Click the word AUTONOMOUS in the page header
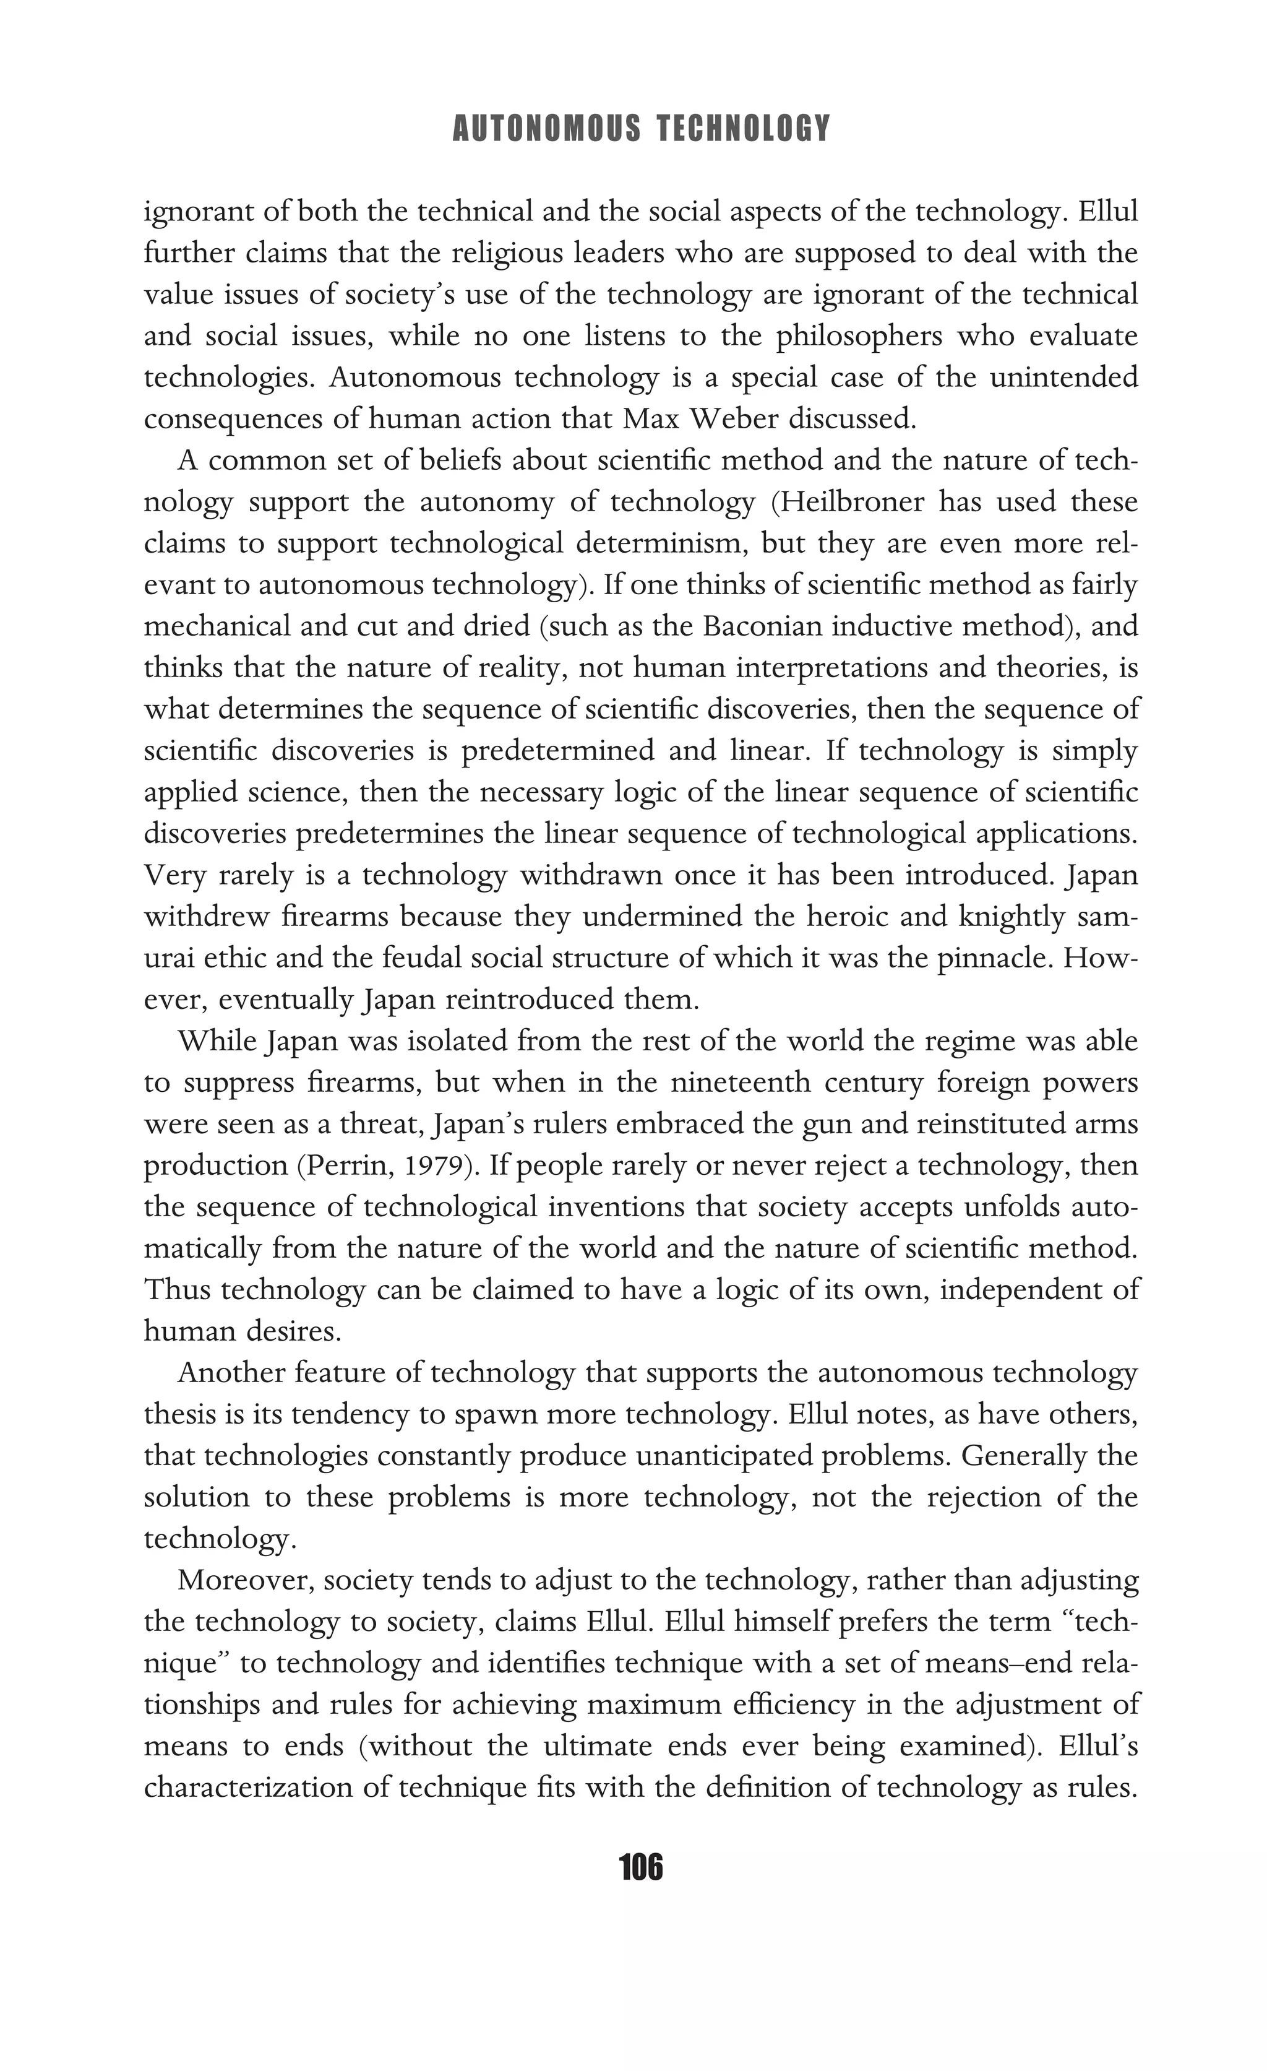tap(546, 129)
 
